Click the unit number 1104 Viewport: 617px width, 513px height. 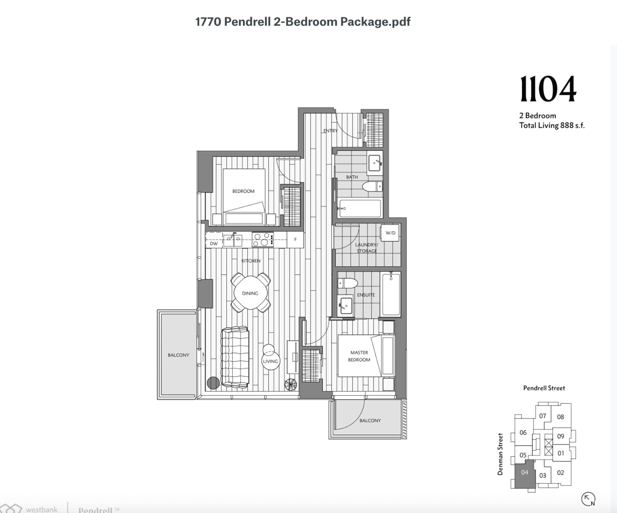(548, 89)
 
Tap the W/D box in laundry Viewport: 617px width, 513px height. (390, 233)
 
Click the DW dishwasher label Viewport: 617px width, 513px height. (214, 243)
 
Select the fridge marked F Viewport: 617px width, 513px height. (295, 240)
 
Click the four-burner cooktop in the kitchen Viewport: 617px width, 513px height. (263, 240)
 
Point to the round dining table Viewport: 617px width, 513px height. (250, 293)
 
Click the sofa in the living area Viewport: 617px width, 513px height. (235, 357)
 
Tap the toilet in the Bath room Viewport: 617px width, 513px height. (372, 186)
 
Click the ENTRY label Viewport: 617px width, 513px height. (330, 131)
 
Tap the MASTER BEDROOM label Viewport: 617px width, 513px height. (359, 356)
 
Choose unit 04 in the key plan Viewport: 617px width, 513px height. (524, 473)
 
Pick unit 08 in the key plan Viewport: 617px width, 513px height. (560, 417)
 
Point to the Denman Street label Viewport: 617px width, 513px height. (500, 454)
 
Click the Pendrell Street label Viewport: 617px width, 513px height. (544, 388)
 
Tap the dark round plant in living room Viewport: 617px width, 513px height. (213, 383)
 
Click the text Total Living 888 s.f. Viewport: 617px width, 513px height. (551, 126)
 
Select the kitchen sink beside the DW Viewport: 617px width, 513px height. (233, 239)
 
